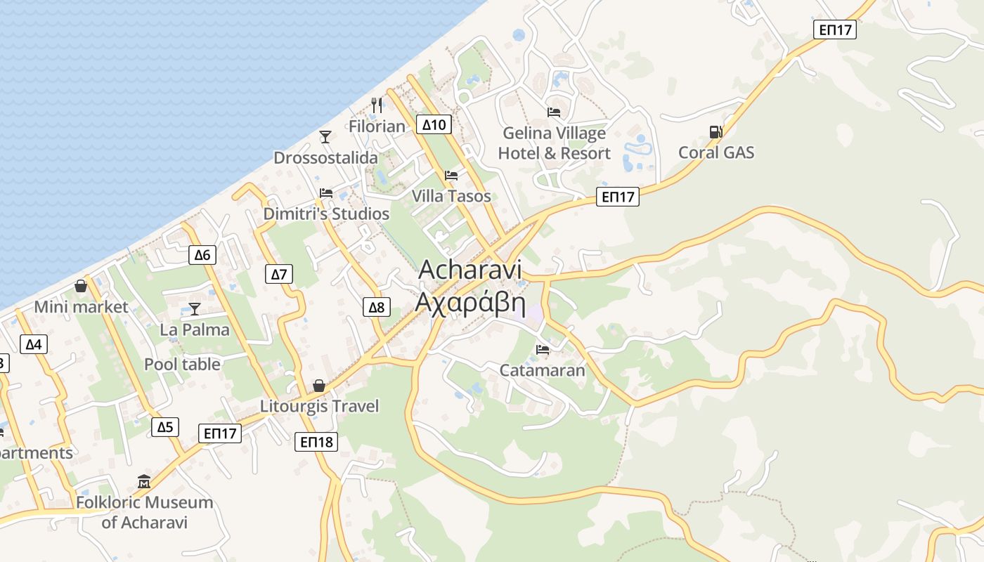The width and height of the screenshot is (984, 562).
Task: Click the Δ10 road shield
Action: pos(433,125)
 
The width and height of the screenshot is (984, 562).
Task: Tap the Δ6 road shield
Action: pos(202,255)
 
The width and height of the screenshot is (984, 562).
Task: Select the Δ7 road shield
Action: pos(279,274)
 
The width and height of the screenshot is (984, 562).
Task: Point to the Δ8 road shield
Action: pos(377,307)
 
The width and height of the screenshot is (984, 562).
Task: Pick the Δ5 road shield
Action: pos(164,427)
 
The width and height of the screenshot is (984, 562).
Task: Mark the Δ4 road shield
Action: pos(34,344)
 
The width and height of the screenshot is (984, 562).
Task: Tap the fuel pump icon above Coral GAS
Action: pos(716,131)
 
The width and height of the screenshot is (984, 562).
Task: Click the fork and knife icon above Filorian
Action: pos(377,105)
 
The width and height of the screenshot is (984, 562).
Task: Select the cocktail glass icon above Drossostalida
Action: pos(325,136)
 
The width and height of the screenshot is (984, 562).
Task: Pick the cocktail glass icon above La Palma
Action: pos(195,308)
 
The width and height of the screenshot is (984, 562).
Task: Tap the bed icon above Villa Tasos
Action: pos(451,175)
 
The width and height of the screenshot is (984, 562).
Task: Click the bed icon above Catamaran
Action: pos(542,349)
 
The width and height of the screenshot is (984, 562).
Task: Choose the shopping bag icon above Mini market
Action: pos(81,286)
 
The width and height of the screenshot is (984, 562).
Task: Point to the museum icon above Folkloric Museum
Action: pos(144,482)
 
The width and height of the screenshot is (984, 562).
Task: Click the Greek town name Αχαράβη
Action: pos(470,302)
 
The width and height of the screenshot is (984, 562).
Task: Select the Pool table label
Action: pos(182,364)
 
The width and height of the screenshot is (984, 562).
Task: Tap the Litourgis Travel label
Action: pos(319,406)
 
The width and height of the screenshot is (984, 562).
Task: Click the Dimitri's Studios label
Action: pos(326,214)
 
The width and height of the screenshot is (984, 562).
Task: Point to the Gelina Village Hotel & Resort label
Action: pos(554,143)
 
